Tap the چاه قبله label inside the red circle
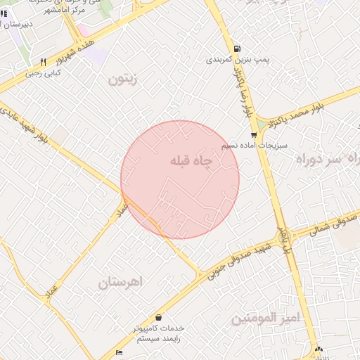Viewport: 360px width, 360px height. (191, 161)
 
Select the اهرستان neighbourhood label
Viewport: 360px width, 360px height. (120, 282)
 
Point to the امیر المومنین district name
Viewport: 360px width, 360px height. (266, 319)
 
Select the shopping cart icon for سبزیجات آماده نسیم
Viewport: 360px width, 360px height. (254, 134)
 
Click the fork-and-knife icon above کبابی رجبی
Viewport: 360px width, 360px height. (44, 62)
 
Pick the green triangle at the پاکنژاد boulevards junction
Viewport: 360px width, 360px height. (262, 124)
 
